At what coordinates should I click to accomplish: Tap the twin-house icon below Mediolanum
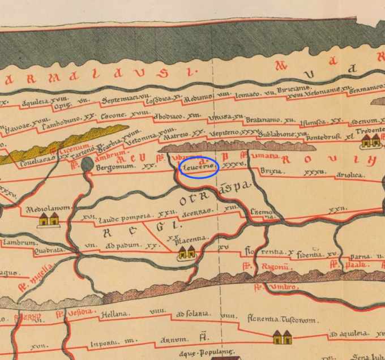[48, 220]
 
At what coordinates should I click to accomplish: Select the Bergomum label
[117, 168]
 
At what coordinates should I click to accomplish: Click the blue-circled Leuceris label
[198, 168]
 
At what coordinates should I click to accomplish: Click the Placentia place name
[192, 239]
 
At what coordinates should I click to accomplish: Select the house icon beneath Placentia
[187, 253]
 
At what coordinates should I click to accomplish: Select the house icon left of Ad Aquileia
[280, 338]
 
